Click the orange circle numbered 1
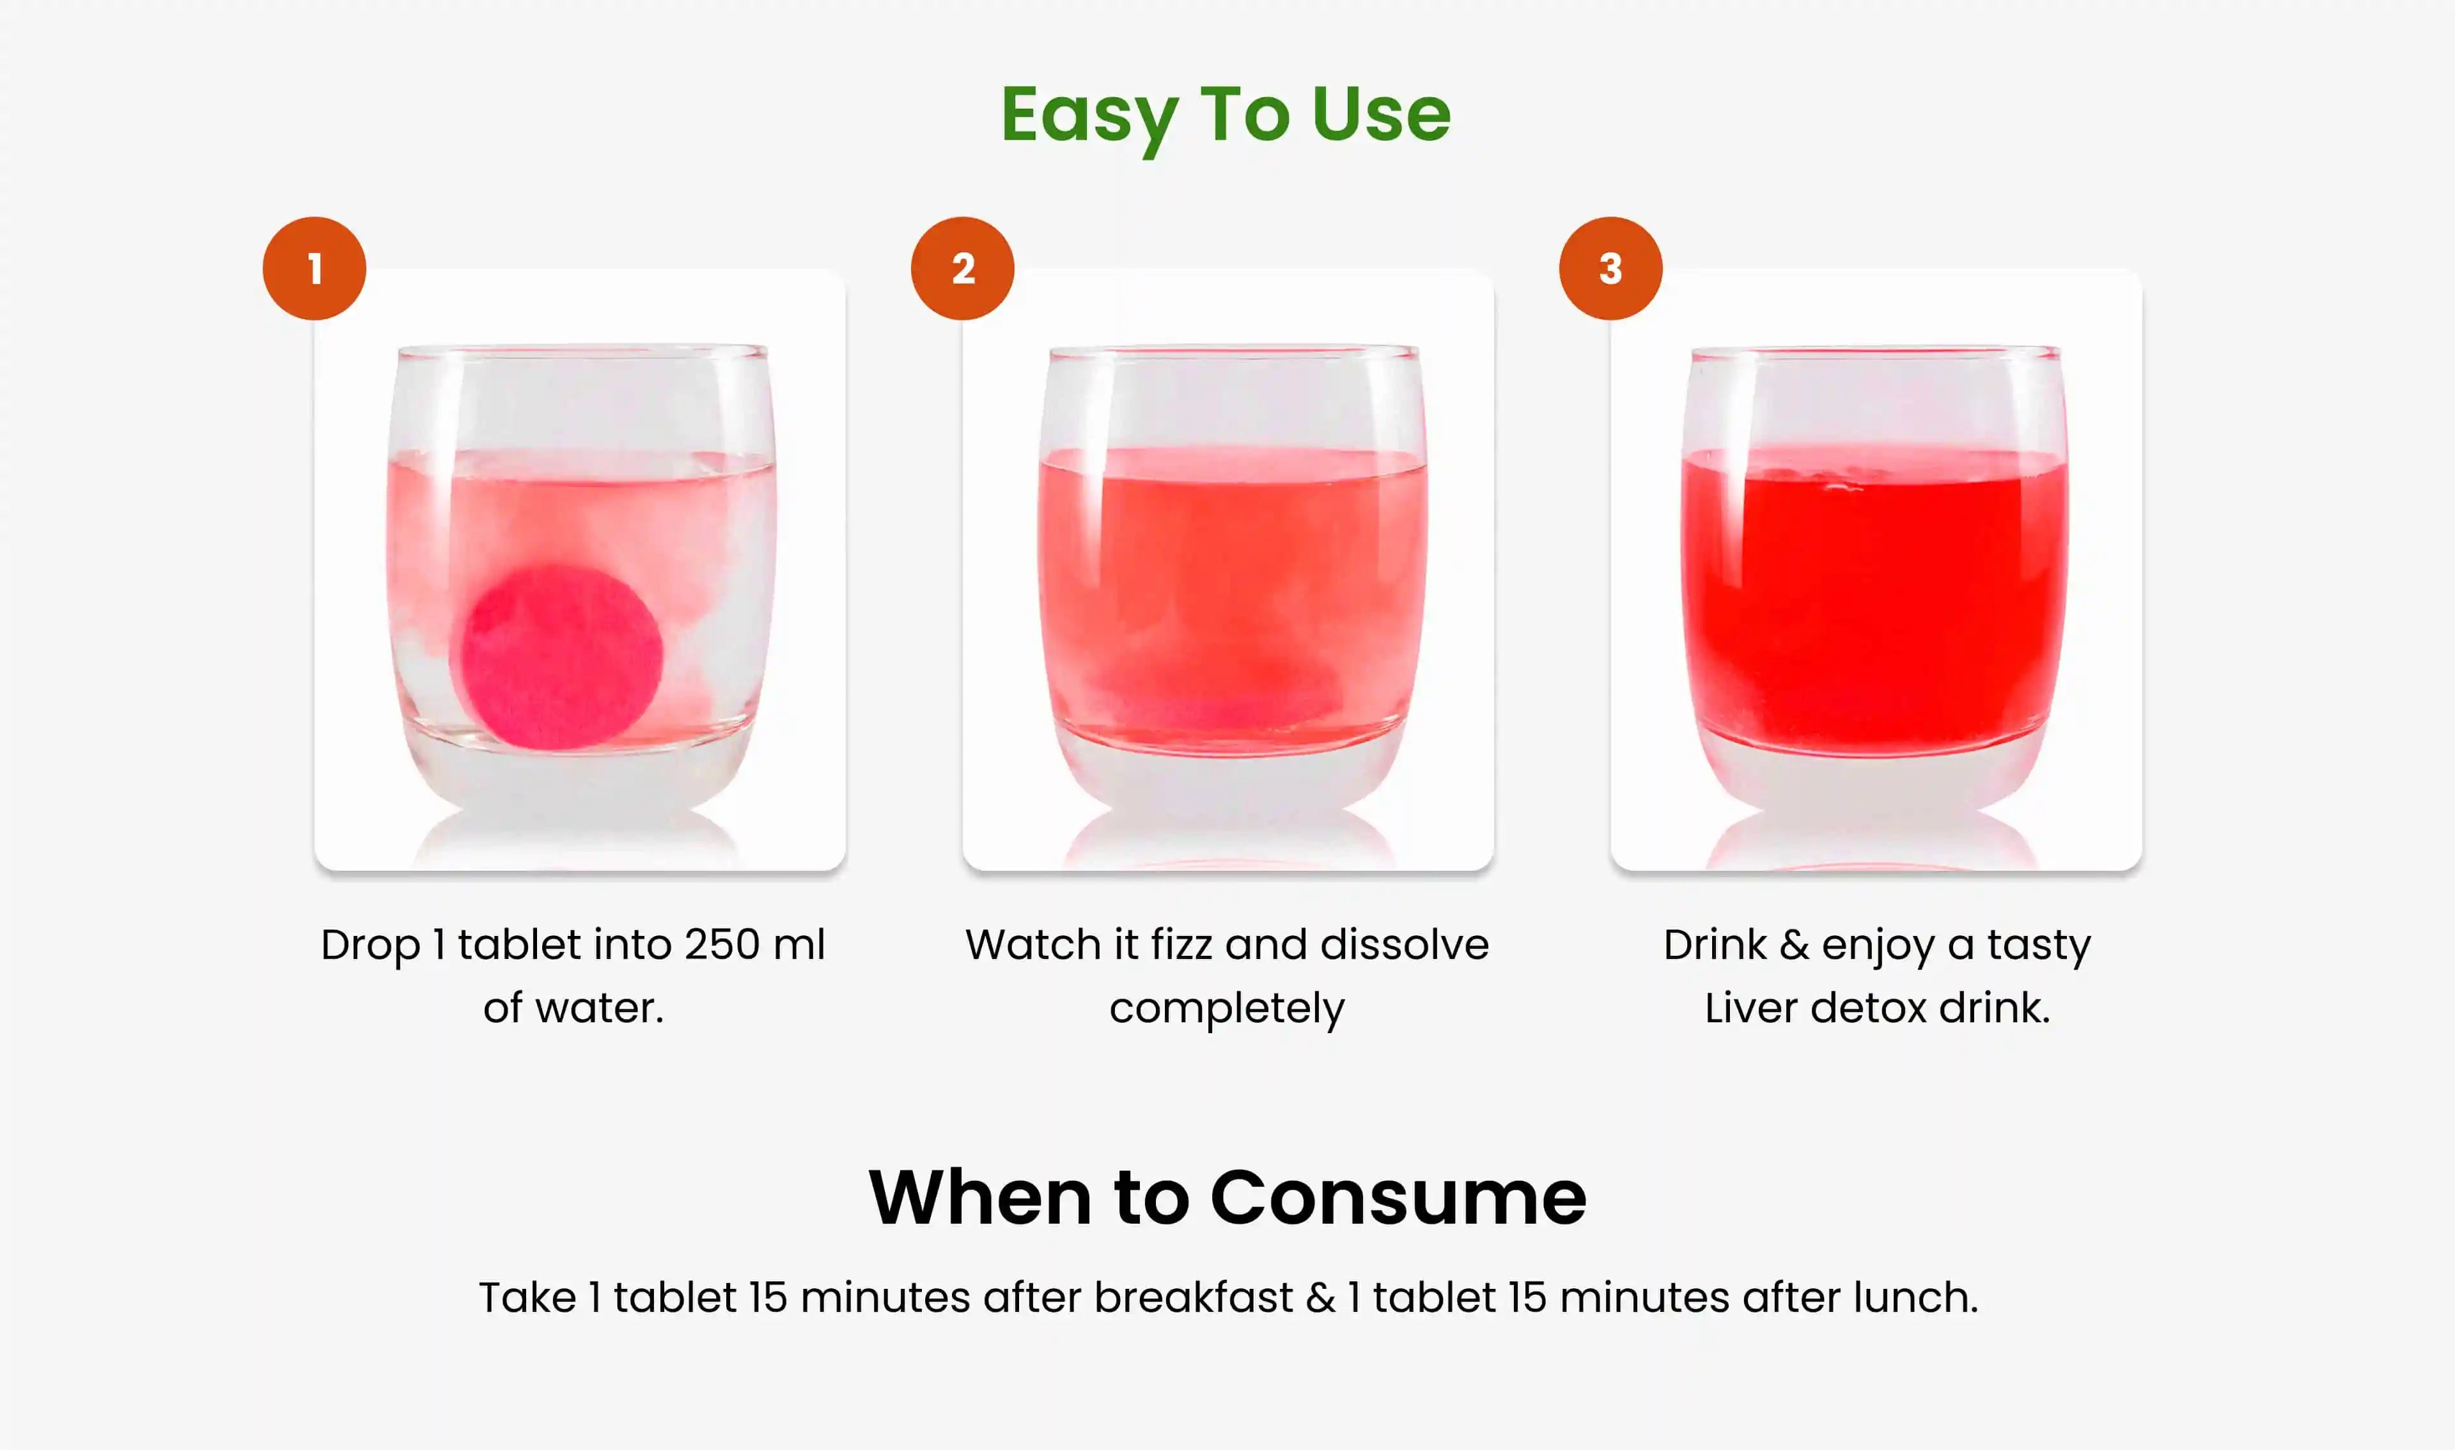point(315,269)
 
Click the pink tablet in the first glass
point(562,657)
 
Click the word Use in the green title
point(1382,114)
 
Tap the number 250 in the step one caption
point(721,945)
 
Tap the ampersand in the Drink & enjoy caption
point(1794,945)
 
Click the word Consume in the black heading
point(1398,1198)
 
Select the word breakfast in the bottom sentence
point(1193,1298)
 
